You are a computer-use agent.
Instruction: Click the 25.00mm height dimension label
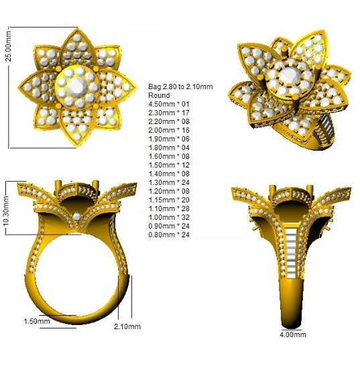[x=8, y=46]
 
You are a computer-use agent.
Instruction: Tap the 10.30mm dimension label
[x=6, y=211]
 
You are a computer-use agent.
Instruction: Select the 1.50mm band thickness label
[x=37, y=321]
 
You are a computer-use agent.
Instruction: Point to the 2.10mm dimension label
[x=127, y=326]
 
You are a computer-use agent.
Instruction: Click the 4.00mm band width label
[x=293, y=334]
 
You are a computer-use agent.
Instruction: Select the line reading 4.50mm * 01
[x=169, y=104]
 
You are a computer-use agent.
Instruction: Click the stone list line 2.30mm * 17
[x=169, y=113]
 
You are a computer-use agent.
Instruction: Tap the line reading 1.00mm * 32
[x=169, y=217]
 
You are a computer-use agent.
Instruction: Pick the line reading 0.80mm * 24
[x=169, y=235]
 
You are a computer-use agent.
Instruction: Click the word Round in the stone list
[x=160, y=95]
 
